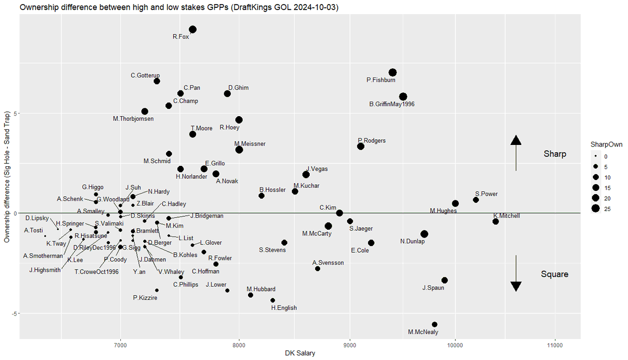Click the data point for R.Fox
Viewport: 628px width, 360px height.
(x=193, y=29)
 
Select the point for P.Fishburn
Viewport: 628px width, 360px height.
(x=392, y=73)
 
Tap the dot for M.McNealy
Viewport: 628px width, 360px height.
(x=434, y=324)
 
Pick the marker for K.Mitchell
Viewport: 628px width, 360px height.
(x=496, y=221)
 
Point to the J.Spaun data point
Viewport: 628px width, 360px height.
(x=444, y=280)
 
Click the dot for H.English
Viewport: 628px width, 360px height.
(x=273, y=300)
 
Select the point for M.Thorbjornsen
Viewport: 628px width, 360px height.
(x=145, y=111)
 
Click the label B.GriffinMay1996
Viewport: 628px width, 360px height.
(x=391, y=104)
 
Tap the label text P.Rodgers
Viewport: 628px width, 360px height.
(x=372, y=140)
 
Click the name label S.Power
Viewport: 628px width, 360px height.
(x=486, y=194)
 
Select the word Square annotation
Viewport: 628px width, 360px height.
(x=554, y=274)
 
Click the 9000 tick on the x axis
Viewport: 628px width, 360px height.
(x=350, y=345)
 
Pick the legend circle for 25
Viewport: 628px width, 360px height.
(x=596, y=209)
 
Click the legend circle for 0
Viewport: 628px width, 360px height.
(x=596, y=156)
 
